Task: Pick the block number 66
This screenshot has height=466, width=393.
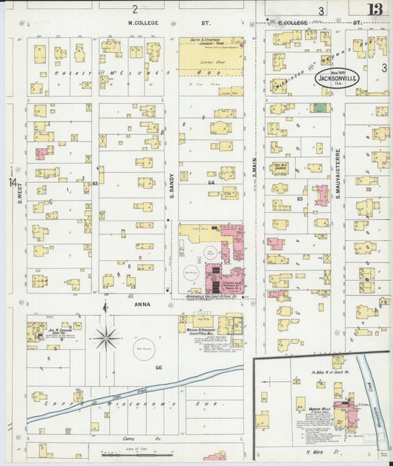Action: click(159, 366)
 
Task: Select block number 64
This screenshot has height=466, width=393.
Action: click(211, 182)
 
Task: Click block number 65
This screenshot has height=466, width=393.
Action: click(300, 198)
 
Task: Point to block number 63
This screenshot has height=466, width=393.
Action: click(94, 182)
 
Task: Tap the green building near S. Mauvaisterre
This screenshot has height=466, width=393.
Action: click(319, 108)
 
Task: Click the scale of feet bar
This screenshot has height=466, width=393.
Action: click(122, 456)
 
